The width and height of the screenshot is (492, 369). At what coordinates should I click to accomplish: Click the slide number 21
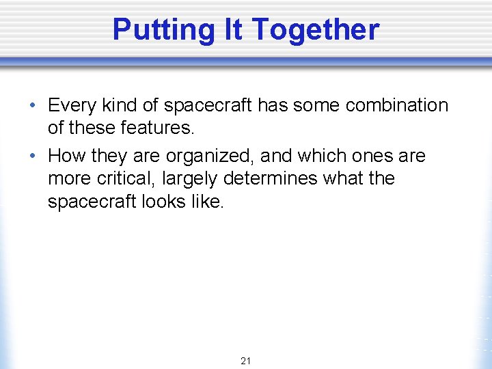click(246, 360)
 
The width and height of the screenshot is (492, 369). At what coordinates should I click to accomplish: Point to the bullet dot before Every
click(33, 107)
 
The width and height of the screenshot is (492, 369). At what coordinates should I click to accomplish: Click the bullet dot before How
click(33, 156)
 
